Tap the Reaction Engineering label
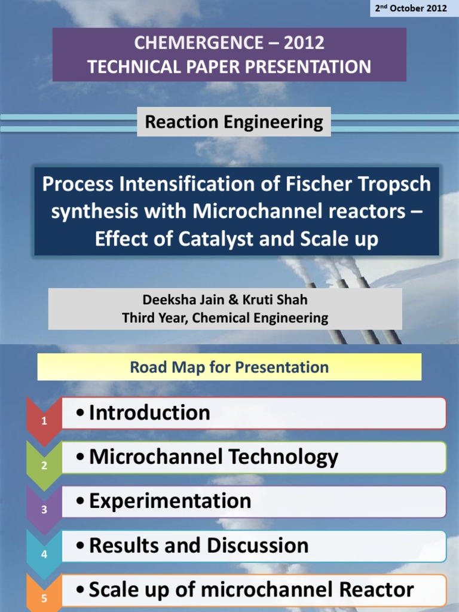click(234, 123)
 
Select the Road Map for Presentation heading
click(229, 367)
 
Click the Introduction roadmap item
click(149, 413)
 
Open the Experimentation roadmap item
click(170, 501)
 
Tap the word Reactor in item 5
click(376, 590)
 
